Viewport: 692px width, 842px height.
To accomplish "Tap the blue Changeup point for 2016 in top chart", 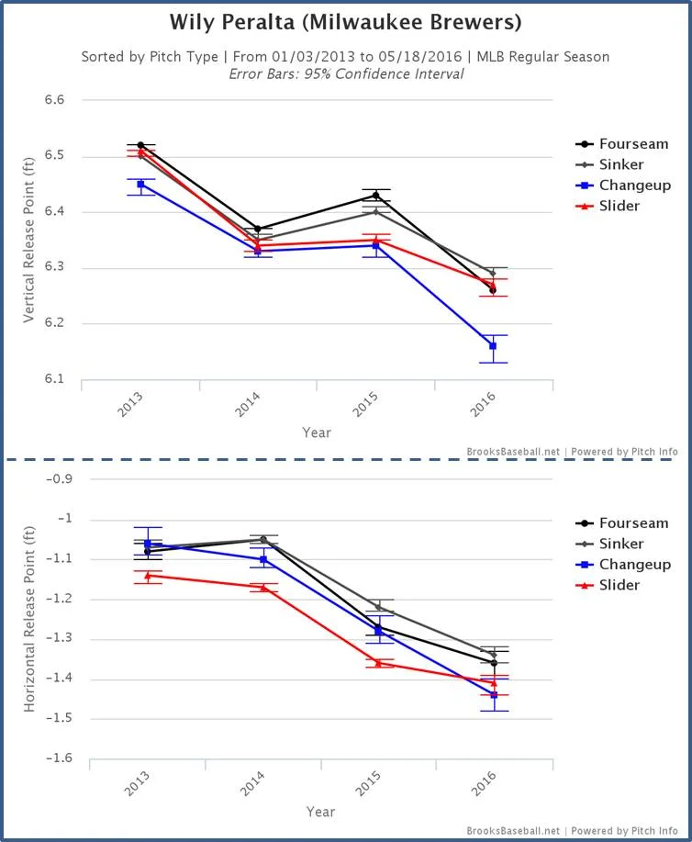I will [x=493, y=346].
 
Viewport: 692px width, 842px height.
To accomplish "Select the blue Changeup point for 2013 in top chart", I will [x=140, y=185].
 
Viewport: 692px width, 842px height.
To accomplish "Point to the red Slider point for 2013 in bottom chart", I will [x=148, y=576].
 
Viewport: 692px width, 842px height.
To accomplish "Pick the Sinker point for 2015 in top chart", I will [x=375, y=212].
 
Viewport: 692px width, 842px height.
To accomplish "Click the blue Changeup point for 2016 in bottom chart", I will [x=493, y=695].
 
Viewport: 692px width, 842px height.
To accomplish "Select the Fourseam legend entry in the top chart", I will [x=633, y=144].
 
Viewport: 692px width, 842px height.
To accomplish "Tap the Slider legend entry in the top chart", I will [x=619, y=206].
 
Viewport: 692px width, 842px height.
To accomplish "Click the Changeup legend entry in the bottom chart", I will [x=634, y=565].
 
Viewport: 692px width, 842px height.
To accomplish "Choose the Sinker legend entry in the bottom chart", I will [x=623, y=544].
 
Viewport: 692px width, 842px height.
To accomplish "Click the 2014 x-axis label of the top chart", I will [x=251, y=407].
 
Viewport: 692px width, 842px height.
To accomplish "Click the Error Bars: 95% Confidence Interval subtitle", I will [x=345, y=73].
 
